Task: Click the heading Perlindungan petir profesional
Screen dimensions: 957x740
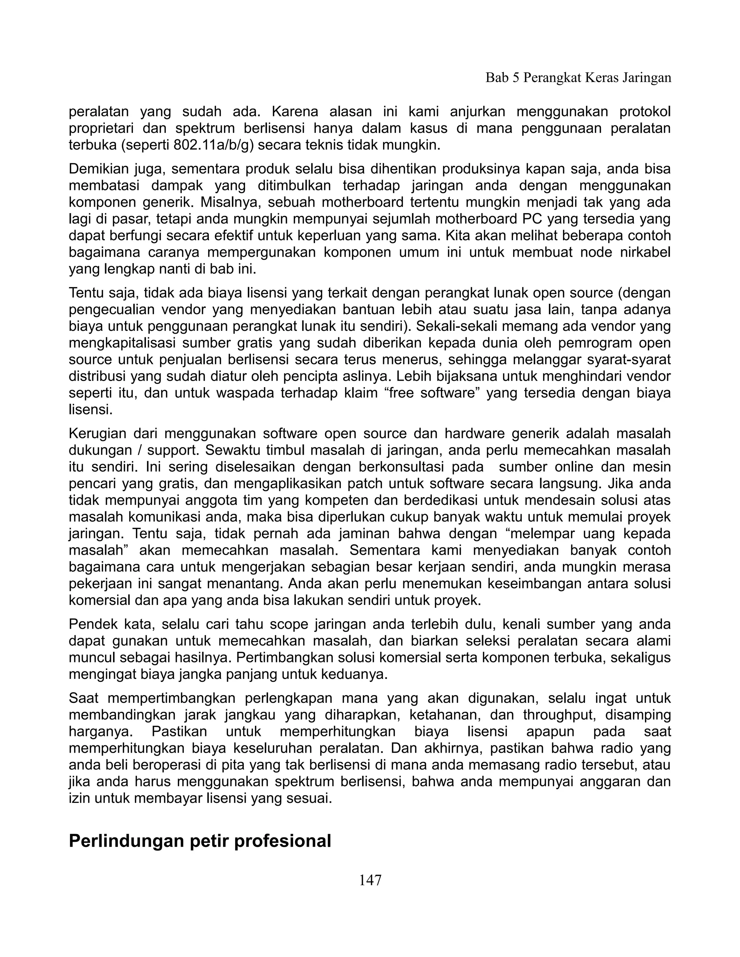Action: pos(200,841)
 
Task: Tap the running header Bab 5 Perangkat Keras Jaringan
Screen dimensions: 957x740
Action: pos(578,78)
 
